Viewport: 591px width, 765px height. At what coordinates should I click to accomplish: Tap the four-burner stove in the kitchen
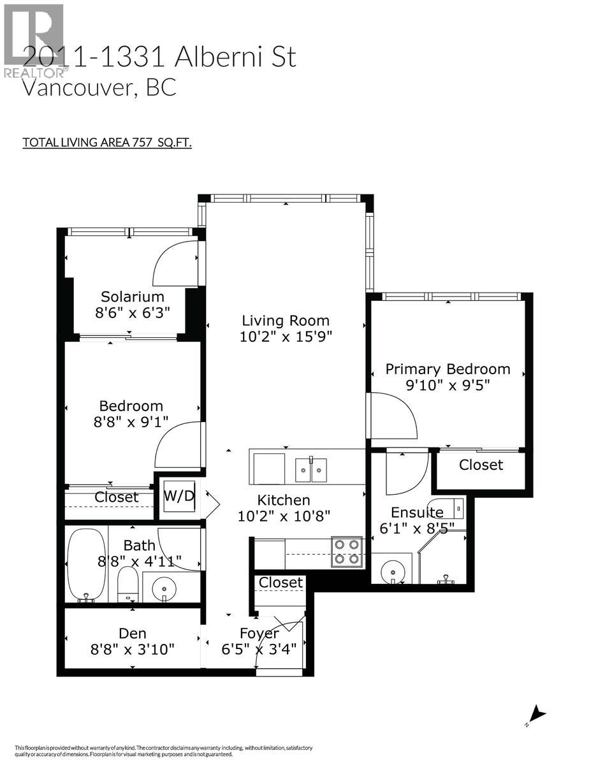346,552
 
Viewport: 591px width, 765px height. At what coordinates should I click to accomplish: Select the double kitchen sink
311,469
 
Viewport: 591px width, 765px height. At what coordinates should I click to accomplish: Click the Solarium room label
133,296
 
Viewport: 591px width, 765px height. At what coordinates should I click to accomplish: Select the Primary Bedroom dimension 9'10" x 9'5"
448,386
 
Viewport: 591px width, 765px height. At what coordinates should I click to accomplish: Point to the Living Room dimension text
285,337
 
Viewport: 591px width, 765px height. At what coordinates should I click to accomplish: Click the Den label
133,633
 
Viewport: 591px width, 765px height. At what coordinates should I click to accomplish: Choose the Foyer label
259,633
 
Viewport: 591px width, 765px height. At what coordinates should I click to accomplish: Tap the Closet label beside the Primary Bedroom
481,465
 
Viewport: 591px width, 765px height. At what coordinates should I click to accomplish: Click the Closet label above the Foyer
281,582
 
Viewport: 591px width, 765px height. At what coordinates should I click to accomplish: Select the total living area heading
107,142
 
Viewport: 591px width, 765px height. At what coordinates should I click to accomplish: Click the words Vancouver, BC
99,87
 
